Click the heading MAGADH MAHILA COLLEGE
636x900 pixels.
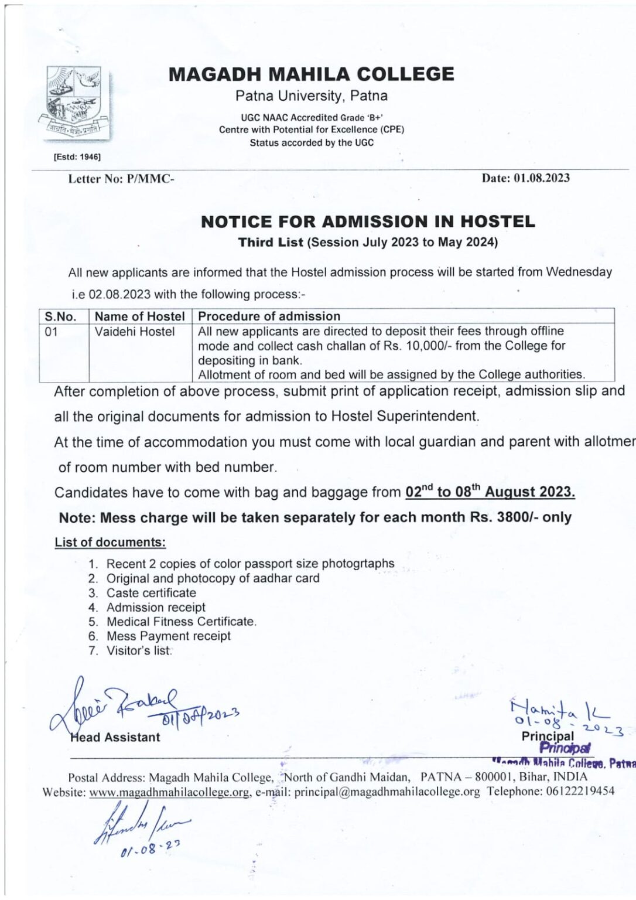tap(311, 74)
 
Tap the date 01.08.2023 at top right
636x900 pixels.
tap(542, 178)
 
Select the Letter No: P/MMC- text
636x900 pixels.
tap(121, 179)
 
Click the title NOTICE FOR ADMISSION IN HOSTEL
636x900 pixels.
tap(368, 221)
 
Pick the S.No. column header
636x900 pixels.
tap(60, 316)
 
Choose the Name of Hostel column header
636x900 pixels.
tap(139, 316)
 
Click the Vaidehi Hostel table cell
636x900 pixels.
tap(135, 332)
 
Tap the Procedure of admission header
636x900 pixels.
tap(269, 316)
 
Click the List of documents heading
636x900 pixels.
tap(110, 543)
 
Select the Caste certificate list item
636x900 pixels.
tap(151, 593)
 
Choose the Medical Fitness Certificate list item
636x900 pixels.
tap(182, 622)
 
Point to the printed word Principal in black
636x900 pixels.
tap(548, 736)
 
